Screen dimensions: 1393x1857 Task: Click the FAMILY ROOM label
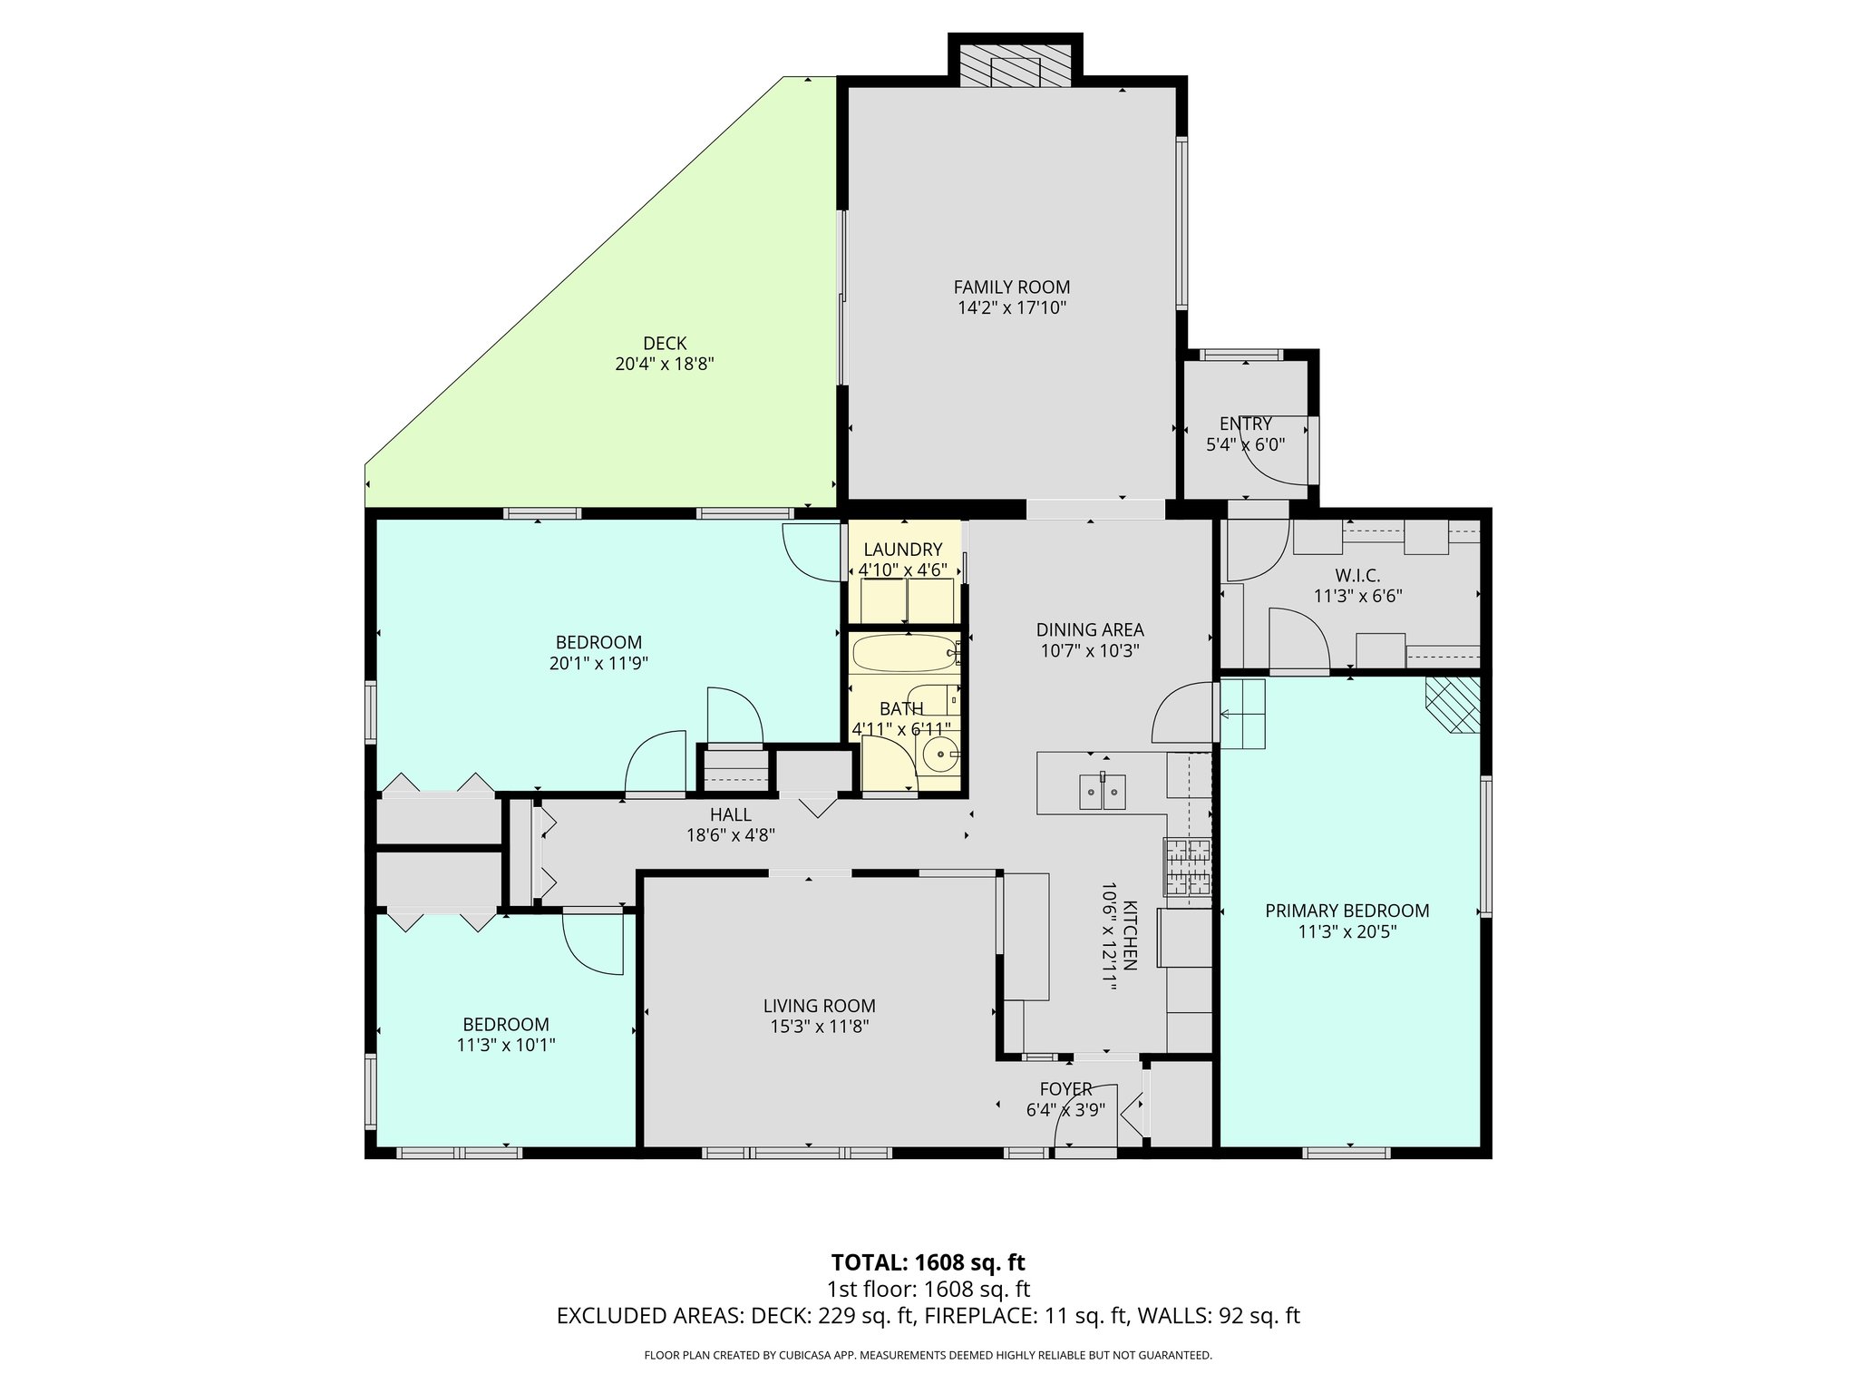coord(1011,287)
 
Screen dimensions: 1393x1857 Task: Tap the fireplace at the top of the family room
coord(1016,71)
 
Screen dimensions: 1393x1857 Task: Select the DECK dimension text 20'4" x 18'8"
coord(665,364)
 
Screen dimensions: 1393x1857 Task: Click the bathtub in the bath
coord(901,653)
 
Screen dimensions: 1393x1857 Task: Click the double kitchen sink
coord(1102,792)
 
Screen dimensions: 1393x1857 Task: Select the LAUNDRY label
coord(902,550)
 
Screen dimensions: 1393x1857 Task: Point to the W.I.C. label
coord(1357,576)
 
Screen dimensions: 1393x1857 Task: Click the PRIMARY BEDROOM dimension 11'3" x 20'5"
coord(1347,930)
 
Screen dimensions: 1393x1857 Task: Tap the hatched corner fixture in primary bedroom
coord(1453,705)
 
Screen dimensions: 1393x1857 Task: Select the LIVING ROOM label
coord(819,1006)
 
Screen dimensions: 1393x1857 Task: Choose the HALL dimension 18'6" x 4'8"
coord(730,835)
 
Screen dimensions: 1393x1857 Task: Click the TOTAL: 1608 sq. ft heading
coord(928,1262)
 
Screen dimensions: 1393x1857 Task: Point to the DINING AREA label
coord(1090,629)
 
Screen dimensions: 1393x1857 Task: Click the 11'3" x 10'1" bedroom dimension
coord(506,1045)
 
